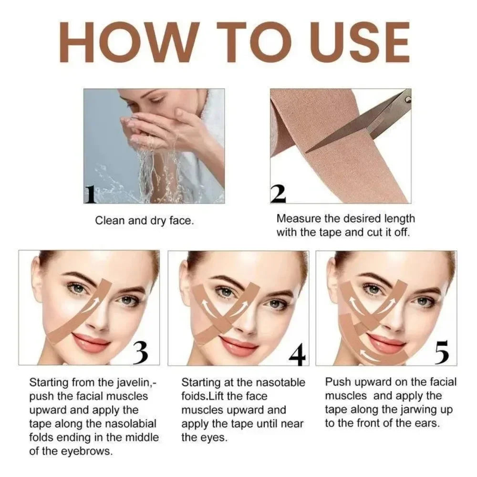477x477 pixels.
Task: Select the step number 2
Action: (x=278, y=194)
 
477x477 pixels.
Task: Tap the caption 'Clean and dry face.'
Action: (x=145, y=221)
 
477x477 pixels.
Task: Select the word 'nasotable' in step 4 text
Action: (x=282, y=382)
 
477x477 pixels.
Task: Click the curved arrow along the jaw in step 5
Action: (x=377, y=353)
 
